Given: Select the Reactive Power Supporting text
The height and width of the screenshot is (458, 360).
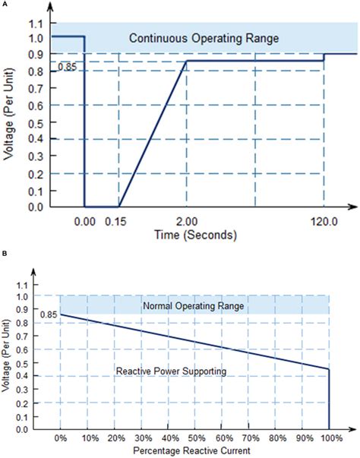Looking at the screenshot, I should click(162, 371).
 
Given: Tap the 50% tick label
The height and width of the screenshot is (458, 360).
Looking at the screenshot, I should click(195, 439).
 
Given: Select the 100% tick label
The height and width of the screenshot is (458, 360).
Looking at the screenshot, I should click(328, 439).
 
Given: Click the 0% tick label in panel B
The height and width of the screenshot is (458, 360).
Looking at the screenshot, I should click(61, 439).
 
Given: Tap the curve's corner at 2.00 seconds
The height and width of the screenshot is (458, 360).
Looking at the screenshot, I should click(187, 61).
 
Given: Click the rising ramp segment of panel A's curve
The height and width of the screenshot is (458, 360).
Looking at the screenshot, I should click(152, 134).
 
